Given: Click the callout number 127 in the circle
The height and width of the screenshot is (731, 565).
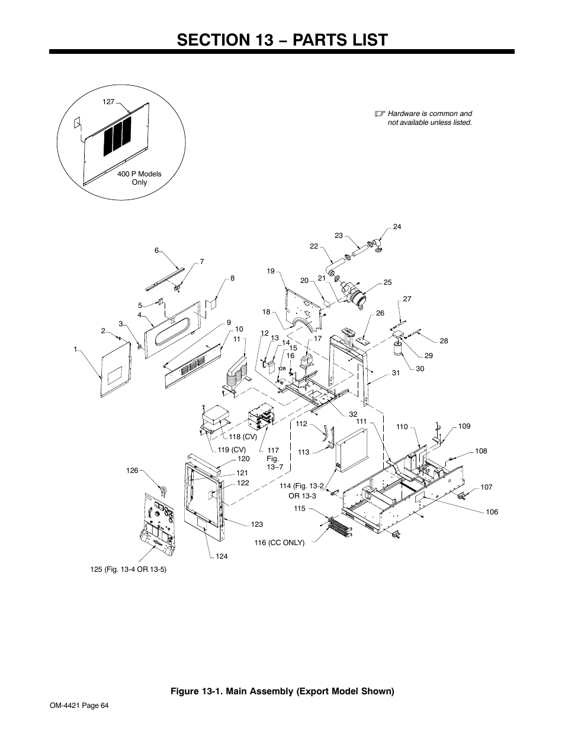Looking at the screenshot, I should coord(108,102).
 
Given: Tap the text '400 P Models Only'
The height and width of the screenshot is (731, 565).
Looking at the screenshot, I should coord(139,178).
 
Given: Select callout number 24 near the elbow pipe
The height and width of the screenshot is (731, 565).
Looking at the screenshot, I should coord(397,227).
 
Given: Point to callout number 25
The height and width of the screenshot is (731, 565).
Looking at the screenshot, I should coord(387,283).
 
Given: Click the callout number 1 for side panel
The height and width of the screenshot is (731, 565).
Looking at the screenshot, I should coord(76,349).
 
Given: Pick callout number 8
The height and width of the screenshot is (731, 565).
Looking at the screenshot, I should coord(233,278).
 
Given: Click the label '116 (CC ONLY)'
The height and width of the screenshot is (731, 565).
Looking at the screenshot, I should coord(279,542).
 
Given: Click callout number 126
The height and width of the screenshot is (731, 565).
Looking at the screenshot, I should coord(131,471).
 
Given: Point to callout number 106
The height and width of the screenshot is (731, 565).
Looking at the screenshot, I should coord(492,512).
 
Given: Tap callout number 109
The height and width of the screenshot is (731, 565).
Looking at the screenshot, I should coord(464,426).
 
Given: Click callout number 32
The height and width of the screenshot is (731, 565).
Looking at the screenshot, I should coord(353,414).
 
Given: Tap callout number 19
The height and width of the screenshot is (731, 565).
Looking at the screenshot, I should coord(271,271).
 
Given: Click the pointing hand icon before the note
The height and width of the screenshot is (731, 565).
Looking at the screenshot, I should coord(380,113).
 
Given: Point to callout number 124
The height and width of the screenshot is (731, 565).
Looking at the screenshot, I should coord(221,556).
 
